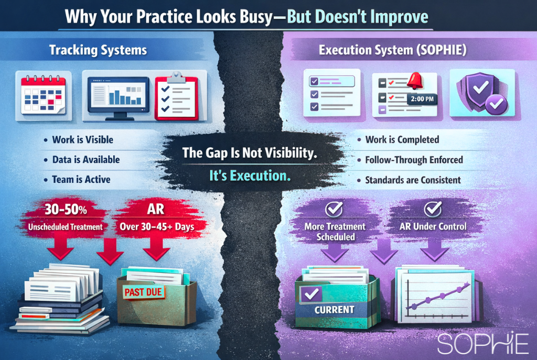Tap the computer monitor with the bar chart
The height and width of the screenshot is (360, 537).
click(x=118, y=95)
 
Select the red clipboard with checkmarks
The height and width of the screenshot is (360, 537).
click(x=177, y=94)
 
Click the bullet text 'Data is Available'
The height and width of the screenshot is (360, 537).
click(x=85, y=159)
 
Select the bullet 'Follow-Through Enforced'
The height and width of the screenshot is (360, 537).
click(x=414, y=160)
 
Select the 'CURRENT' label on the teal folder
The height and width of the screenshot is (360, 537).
click(x=334, y=309)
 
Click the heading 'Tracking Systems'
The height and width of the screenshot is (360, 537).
click(x=98, y=50)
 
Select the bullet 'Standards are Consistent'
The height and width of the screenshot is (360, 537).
click(x=413, y=180)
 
